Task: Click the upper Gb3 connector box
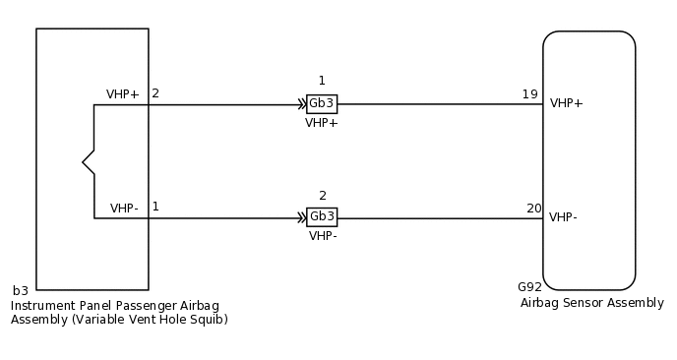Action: (322, 104)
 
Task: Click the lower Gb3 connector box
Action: (322, 217)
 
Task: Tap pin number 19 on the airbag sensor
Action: (530, 94)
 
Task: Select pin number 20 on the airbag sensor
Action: (534, 208)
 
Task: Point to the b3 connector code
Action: (21, 290)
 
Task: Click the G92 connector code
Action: (529, 287)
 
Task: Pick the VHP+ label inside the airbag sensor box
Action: (567, 103)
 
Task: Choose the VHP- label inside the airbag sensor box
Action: (563, 217)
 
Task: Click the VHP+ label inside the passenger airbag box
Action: (123, 94)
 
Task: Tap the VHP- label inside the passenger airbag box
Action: (124, 209)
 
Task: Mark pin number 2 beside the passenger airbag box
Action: (155, 93)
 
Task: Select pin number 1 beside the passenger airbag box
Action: (155, 207)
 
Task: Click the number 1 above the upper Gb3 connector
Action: (322, 81)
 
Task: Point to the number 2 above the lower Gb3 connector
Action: (322, 196)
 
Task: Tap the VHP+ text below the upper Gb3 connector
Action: (322, 123)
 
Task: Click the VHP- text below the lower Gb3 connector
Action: (323, 236)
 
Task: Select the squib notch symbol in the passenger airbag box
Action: (89, 161)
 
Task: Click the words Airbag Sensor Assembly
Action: (592, 303)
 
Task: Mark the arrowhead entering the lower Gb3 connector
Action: (301, 217)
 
